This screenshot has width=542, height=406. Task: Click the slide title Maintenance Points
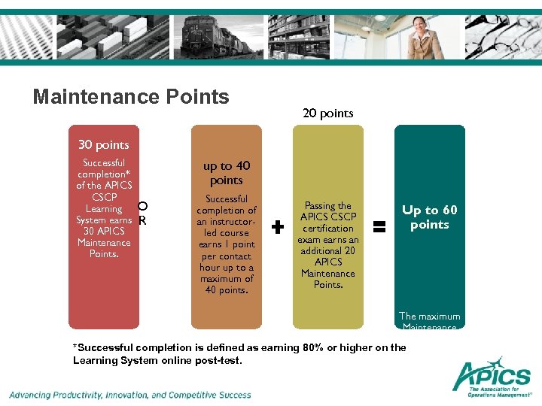(131, 97)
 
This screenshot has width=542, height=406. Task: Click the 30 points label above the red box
(104, 144)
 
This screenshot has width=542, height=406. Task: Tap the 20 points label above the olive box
(327, 114)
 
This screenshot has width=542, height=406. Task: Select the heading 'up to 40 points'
(227, 173)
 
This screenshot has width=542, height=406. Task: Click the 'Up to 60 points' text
(430, 217)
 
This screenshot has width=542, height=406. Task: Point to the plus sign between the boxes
(278, 226)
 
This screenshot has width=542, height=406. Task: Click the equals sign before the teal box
(379, 224)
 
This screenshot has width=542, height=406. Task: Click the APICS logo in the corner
(492, 377)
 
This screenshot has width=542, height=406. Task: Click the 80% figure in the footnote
(314, 347)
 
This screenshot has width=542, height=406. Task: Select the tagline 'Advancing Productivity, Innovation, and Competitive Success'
(130, 395)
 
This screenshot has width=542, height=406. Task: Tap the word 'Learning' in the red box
(104, 209)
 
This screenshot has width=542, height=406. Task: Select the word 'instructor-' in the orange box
(227, 222)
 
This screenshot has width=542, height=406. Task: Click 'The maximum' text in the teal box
(430, 316)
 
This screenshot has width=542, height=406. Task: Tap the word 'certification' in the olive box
(327, 229)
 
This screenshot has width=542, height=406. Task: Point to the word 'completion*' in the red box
(104, 174)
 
